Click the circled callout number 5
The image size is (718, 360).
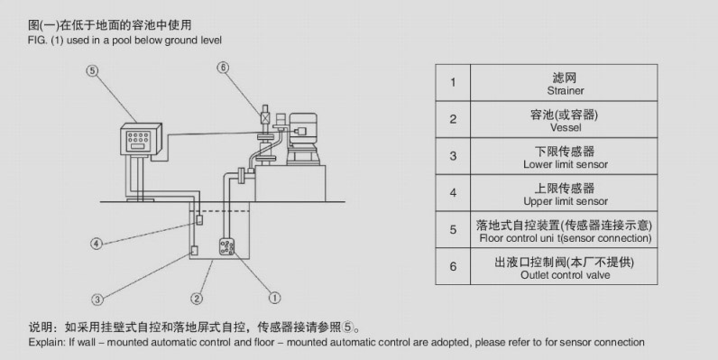click(x=93, y=69)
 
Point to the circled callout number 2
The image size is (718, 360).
click(x=197, y=298)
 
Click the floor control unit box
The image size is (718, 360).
click(x=140, y=140)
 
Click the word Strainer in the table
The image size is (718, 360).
click(x=566, y=91)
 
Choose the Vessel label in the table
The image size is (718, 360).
click(x=566, y=128)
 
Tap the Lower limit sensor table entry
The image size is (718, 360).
click(x=566, y=165)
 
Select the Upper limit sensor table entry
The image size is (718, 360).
click(x=566, y=201)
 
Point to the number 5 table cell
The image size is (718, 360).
click(x=453, y=230)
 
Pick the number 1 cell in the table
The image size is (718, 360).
click(x=453, y=82)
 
